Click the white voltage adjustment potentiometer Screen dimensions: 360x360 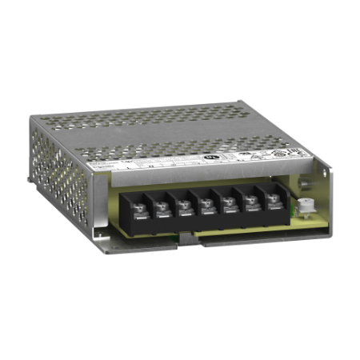[x=305, y=206]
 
